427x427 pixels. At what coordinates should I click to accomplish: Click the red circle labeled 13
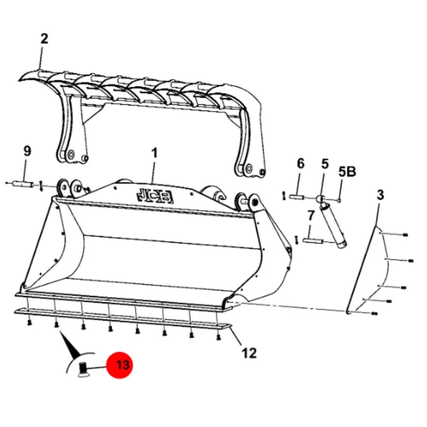[119, 365]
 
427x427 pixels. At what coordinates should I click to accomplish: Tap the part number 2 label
[44, 39]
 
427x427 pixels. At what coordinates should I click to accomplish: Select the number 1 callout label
[155, 153]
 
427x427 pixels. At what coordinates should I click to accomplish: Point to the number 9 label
[27, 151]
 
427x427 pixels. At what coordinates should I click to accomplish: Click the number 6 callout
[300, 163]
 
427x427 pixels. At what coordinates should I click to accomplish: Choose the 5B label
[347, 171]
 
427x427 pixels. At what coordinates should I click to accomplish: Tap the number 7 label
[311, 216]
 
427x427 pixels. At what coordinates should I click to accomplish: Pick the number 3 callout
[380, 195]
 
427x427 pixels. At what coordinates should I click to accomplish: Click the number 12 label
[249, 353]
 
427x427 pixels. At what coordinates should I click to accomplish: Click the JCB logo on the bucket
[155, 195]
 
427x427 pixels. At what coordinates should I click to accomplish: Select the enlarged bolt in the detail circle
[82, 370]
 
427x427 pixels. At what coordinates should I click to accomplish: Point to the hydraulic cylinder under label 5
[331, 222]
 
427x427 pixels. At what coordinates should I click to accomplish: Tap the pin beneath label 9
[23, 183]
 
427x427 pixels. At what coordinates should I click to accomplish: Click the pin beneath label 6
[297, 196]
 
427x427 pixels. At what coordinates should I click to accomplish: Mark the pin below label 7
[313, 241]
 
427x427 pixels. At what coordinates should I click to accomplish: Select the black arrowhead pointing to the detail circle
[69, 344]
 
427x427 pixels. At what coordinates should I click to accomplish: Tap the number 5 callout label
[325, 164]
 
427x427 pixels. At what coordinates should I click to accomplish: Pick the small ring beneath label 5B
[339, 201]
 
